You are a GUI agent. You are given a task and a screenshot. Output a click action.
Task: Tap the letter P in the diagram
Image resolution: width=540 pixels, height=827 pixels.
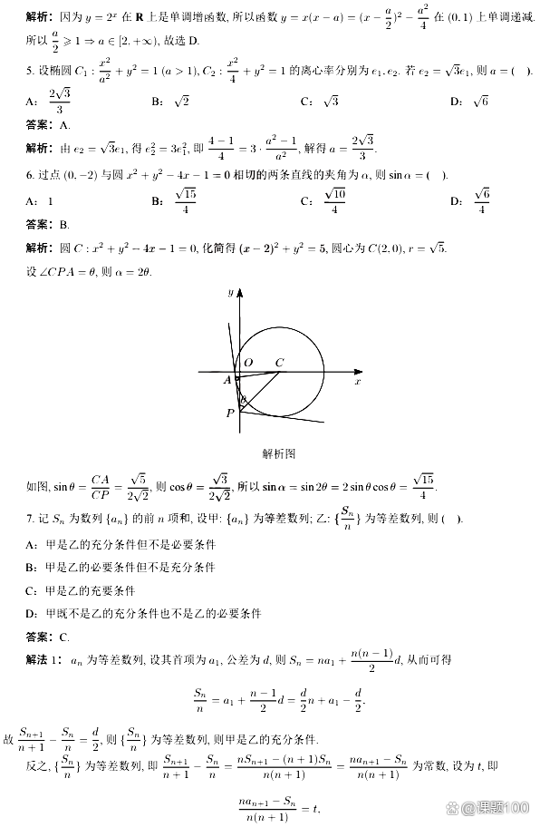point(229,413)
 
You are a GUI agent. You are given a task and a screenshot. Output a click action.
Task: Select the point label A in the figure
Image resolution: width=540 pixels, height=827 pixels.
point(227,381)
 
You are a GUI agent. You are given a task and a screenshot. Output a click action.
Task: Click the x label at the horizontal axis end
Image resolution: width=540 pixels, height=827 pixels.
point(357,383)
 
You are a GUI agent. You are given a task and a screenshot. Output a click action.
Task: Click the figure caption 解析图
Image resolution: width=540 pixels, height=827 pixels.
point(278,452)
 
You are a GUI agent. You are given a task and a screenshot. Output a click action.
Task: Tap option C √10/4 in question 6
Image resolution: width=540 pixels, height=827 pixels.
point(323,201)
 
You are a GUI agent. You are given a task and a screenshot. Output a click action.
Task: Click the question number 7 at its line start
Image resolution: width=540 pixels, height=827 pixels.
point(30,519)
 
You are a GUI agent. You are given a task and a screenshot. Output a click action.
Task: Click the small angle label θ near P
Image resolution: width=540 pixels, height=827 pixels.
point(242,399)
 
